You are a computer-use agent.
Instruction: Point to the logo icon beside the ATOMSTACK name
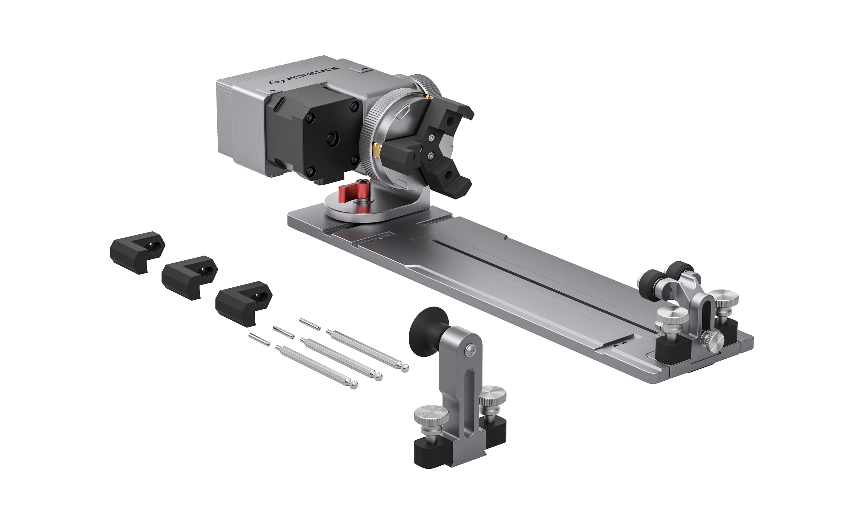pos(276,83)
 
